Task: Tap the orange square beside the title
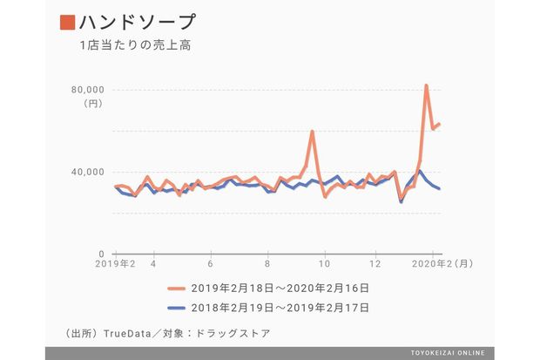point(67,21)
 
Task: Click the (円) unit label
point(93,104)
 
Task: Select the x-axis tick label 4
point(153,263)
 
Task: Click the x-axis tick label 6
point(210,263)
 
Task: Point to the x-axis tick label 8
point(267,263)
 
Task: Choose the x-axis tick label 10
point(324,263)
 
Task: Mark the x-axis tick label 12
point(375,263)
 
